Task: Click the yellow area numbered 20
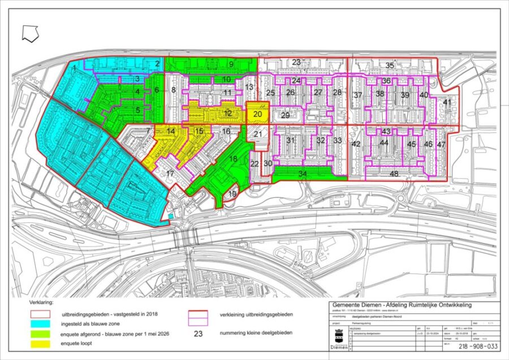click(x=257, y=114)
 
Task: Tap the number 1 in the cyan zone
click(x=75, y=68)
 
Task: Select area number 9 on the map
click(x=231, y=64)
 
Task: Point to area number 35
click(x=389, y=66)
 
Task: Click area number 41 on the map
click(x=447, y=102)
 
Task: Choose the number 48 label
click(x=394, y=174)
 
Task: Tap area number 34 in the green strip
click(x=303, y=174)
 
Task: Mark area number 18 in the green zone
click(x=233, y=160)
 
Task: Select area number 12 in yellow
click(x=228, y=113)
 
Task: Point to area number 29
click(x=285, y=115)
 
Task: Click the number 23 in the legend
click(x=198, y=333)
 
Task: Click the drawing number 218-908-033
click(x=478, y=347)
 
